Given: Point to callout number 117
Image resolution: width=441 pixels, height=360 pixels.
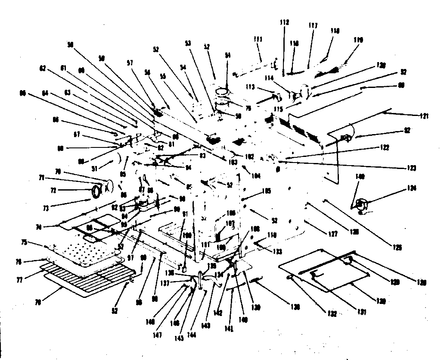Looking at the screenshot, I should click(313, 25).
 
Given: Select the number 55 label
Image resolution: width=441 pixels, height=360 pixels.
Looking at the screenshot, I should click(163, 76).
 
